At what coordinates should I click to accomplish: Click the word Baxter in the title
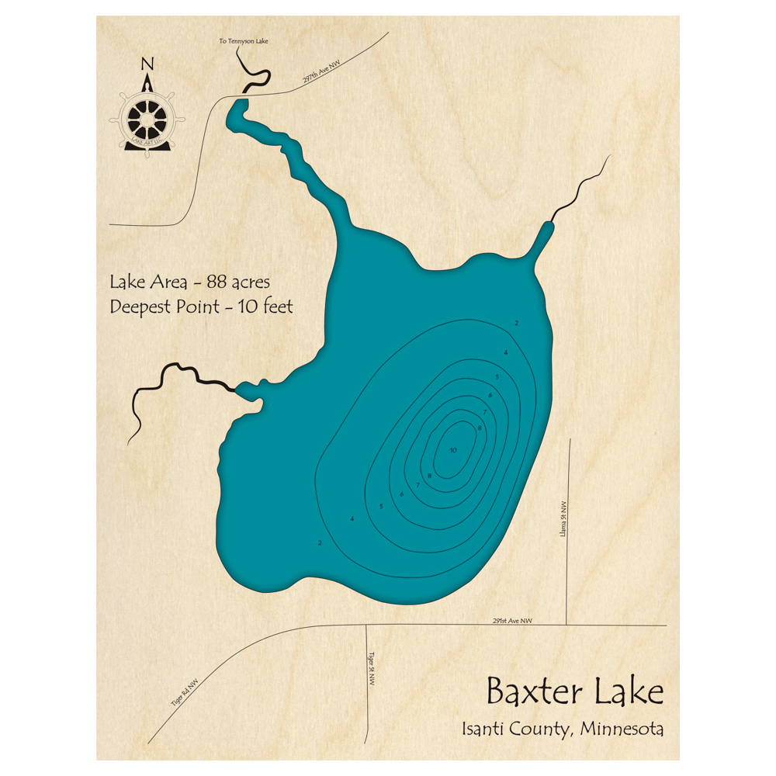coord(529,691)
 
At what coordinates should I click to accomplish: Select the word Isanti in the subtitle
coord(483,729)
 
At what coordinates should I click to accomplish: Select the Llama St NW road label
coord(563,518)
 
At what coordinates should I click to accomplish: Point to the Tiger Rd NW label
coord(184,693)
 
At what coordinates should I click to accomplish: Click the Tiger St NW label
coord(372,667)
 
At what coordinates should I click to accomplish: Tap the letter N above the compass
coord(147,64)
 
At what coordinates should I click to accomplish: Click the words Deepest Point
coord(161,307)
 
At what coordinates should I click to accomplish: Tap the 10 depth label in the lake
coord(453,450)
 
